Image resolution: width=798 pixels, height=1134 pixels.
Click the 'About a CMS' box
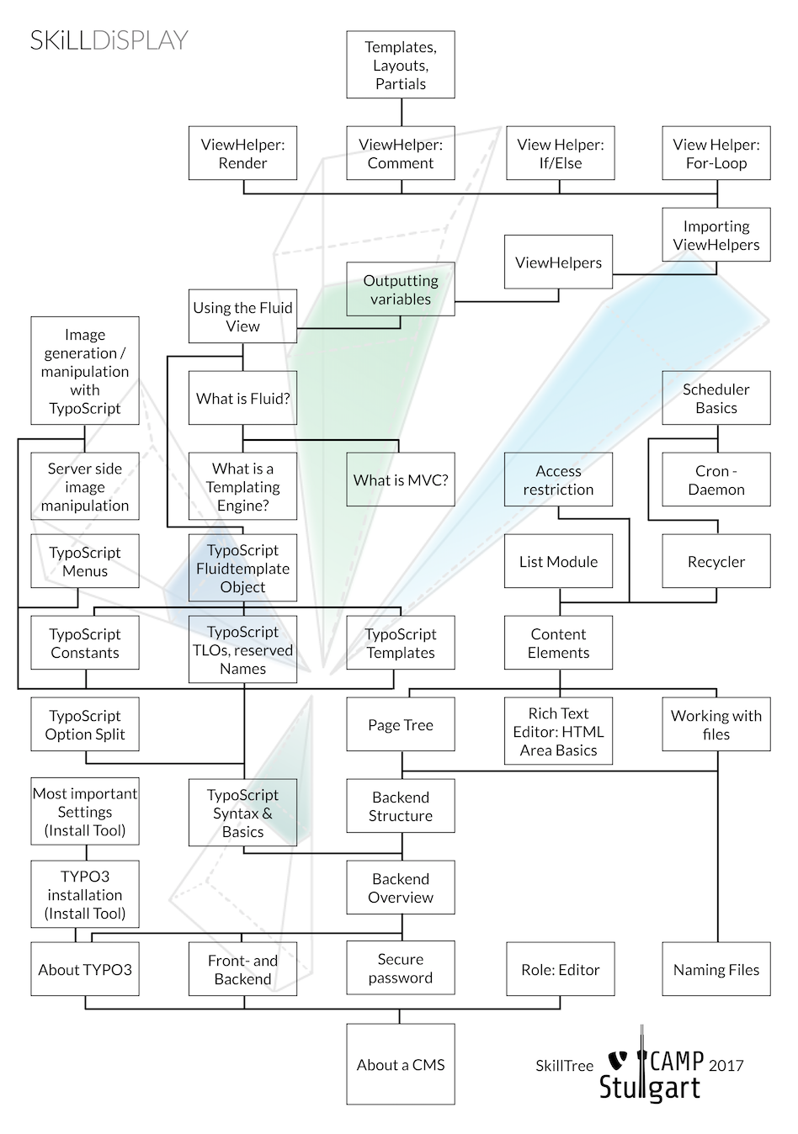[400, 1064]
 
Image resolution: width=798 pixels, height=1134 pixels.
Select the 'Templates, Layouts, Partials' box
[400, 66]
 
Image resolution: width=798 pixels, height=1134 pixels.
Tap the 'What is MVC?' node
[400, 480]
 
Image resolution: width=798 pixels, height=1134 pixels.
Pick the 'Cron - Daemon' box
[716, 480]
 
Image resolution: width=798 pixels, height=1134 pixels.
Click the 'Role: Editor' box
[560, 969]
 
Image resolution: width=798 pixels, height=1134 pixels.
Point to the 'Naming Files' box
[716, 969]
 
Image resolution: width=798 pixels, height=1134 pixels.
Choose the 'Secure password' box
[400, 968]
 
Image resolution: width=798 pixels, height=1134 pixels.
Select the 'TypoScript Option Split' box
[85, 724]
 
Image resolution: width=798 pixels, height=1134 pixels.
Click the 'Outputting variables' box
[400, 289]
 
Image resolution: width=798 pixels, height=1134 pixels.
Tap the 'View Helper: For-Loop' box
[716, 153]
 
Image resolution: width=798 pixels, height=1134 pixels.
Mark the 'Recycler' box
[716, 561]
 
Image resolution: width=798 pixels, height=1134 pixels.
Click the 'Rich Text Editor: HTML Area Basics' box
[558, 731]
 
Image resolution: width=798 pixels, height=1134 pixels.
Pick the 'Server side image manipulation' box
[85, 487]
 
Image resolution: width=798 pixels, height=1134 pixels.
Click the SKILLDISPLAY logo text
[109, 40]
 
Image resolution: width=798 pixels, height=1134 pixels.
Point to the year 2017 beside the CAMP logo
[726, 1065]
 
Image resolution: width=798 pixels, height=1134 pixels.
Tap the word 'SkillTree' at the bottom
[564, 1066]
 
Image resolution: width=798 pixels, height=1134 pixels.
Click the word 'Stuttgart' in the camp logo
[649, 1087]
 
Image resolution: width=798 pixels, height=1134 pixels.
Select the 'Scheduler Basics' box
[716, 398]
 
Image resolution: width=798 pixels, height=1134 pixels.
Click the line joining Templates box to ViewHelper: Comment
[401, 112]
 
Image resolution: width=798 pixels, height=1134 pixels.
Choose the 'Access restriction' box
[558, 480]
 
